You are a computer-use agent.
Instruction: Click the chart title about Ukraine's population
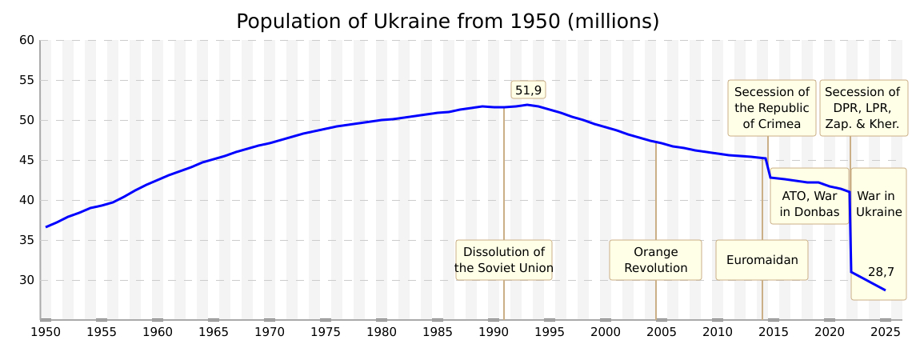click(x=447, y=22)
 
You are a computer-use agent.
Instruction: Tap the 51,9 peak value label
click(x=528, y=90)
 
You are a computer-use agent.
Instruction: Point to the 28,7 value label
click(x=881, y=272)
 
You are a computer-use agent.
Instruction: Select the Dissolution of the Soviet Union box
click(x=504, y=260)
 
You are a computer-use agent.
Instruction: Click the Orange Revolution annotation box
click(x=655, y=260)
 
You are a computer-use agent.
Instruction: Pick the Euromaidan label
click(x=762, y=260)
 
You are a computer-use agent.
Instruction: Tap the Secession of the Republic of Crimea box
click(x=772, y=108)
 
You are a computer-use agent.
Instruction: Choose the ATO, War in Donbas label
click(x=810, y=204)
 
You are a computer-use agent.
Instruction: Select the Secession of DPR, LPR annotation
click(x=862, y=108)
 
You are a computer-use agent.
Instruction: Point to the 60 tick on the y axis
click(x=26, y=40)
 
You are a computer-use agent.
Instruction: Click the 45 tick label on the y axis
click(x=26, y=160)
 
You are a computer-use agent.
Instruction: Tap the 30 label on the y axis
click(x=26, y=280)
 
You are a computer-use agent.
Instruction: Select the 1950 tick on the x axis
click(x=46, y=331)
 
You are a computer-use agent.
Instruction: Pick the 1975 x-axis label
click(x=326, y=331)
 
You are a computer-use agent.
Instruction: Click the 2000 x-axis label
click(x=606, y=331)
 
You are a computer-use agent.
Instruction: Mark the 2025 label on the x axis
click(x=886, y=331)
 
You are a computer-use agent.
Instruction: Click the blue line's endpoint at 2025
click(x=885, y=290)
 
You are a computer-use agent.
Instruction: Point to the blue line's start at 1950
click(x=46, y=226)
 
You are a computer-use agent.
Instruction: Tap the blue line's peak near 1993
click(x=527, y=105)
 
